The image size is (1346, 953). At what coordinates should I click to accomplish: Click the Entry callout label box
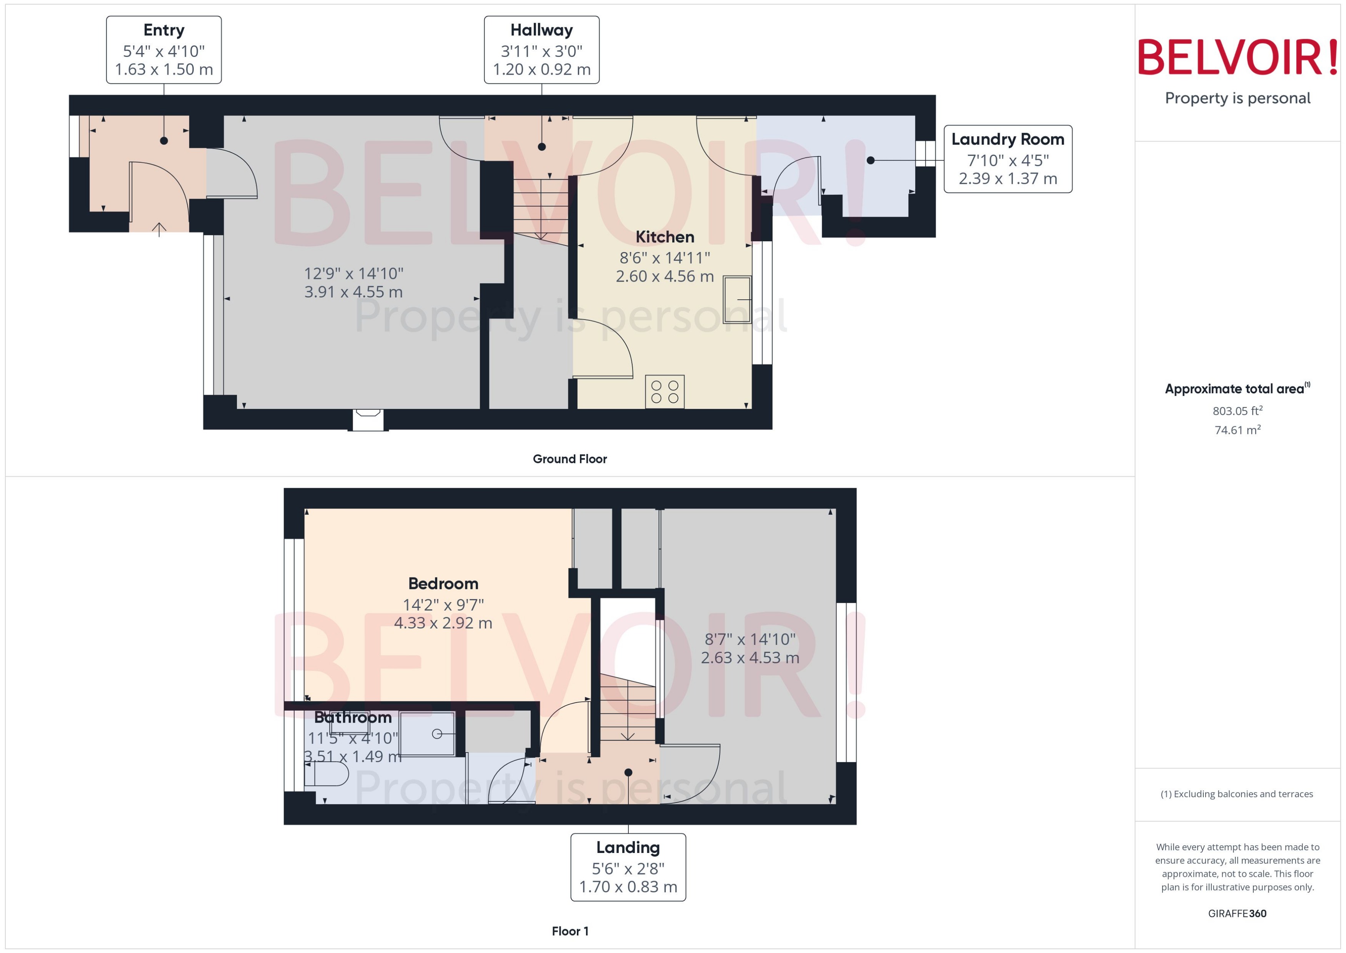click(163, 50)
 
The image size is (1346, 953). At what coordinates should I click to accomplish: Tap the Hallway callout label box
click(541, 50)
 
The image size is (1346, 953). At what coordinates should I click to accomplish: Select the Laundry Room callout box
click(1008, 159)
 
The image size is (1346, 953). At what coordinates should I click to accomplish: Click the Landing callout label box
click(628, 867)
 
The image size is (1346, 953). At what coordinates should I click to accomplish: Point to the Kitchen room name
click(665, 237)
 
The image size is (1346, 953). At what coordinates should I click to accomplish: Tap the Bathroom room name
click(353, 718)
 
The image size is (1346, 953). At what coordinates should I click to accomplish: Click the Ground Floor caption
click(570, 459)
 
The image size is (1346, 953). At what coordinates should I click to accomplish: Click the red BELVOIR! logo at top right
click(1238, 57)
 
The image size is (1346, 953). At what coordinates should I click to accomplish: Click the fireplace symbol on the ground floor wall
click(368, 420)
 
